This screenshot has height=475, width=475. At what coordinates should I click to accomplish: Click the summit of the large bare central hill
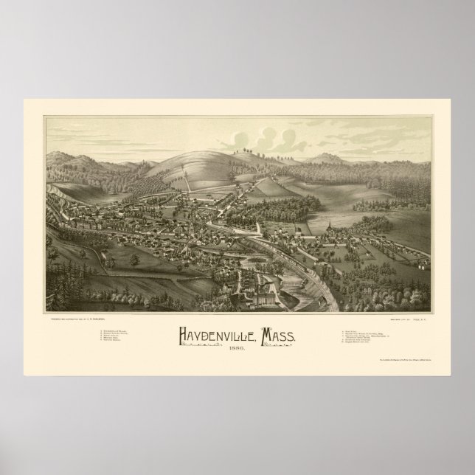[x=221, y=148]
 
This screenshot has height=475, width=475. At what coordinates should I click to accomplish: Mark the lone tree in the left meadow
[x=134, y=262]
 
